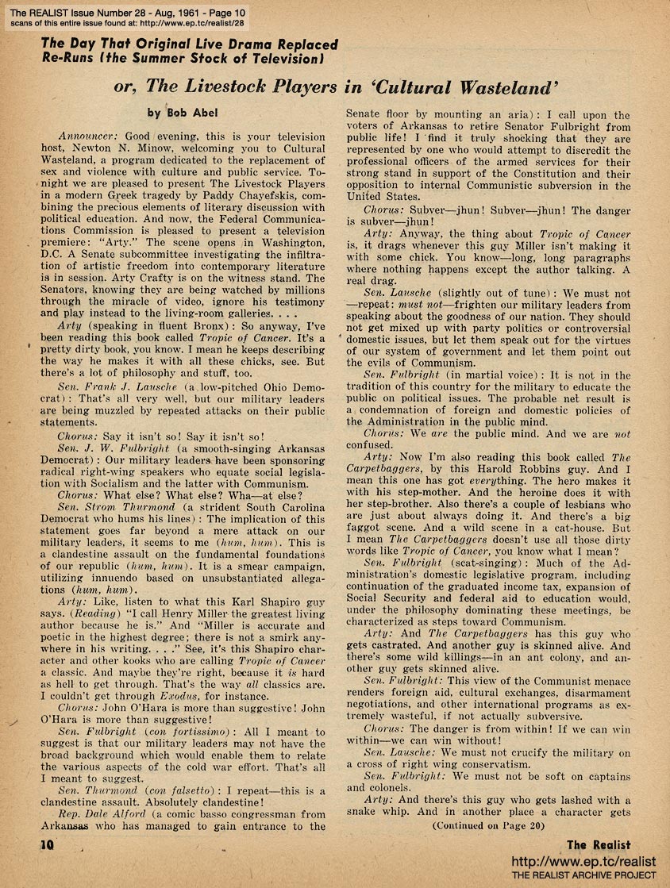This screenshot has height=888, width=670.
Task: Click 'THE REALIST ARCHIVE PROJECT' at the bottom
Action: point(583,875)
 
